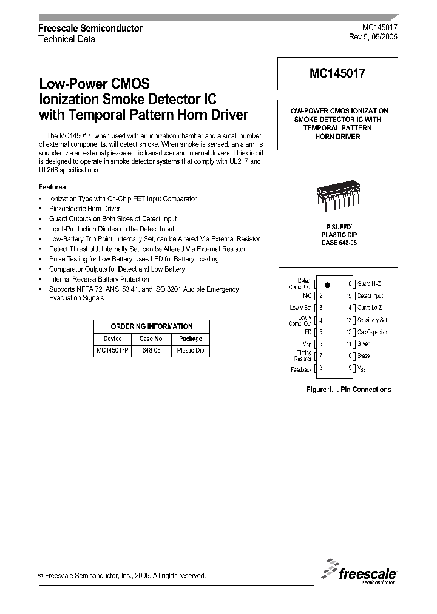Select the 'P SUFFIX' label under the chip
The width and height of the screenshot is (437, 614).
point(338,226)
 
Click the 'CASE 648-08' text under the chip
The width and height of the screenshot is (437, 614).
point(338,243)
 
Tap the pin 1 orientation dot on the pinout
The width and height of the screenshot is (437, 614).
point(327,284)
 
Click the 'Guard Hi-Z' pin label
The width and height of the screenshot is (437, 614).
point(370,283)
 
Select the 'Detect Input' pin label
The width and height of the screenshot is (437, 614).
point(370,295)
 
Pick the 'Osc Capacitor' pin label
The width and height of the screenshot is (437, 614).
point(373,332)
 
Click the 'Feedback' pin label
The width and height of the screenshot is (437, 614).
point(302,369)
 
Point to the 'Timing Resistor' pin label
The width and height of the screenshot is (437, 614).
point(303,356)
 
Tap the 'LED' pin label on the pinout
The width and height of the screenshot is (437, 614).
point(307,332)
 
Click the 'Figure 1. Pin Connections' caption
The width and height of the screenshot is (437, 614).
point(349,390)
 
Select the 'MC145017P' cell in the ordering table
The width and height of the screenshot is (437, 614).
point(113,351)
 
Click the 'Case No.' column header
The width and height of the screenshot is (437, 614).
point(151,339)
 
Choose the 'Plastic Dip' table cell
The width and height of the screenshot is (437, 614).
point(190,351)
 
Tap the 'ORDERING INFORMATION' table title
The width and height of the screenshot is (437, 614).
point(152,326)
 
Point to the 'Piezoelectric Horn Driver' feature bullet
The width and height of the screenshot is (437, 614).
point(84,209)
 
